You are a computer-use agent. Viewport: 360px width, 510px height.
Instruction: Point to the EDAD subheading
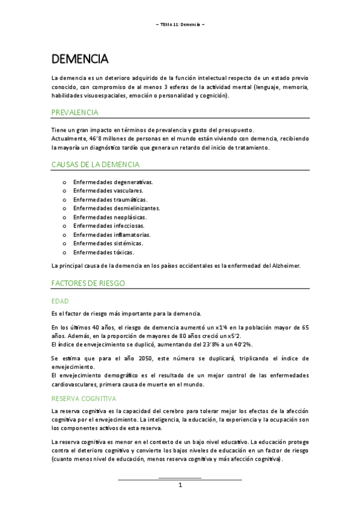coord(61,300)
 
